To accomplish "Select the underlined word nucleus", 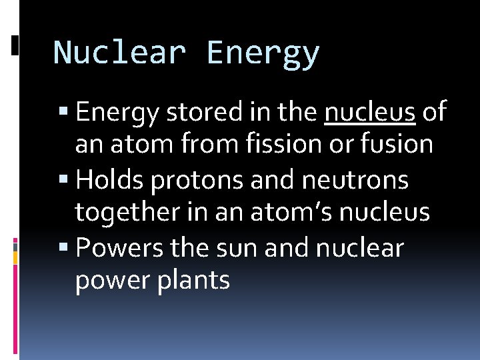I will tap(370, 112).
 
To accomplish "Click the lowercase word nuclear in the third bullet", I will tap(359, 248).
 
